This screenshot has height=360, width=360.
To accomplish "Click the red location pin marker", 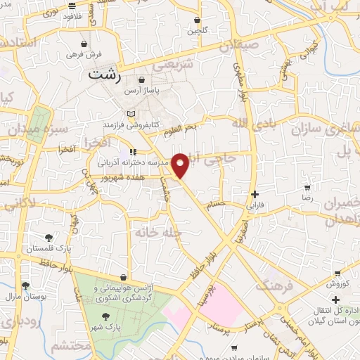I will click(x=181, y=166).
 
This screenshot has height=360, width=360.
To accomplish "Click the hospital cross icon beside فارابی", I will click(x=255, y=195).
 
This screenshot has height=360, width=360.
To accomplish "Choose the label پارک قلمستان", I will click(x=45, y=249).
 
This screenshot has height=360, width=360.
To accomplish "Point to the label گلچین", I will click(x=198, y=31).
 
